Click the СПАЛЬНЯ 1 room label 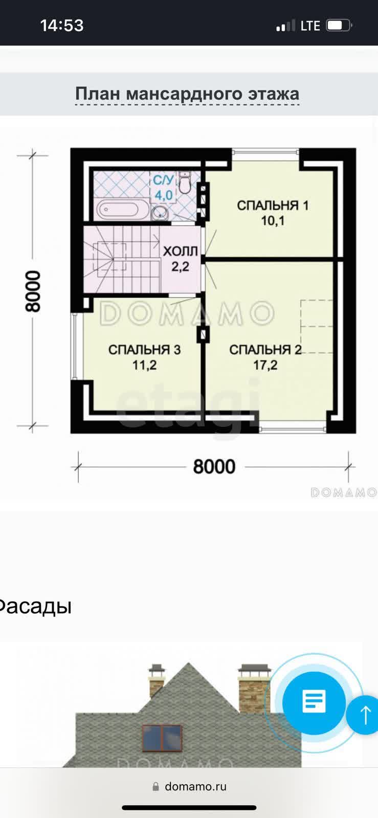coord(273,205)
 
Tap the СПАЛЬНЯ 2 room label coord(265,350)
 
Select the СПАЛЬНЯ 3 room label coord(145,350)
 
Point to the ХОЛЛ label coord(181,251)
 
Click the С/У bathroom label coord(163,180)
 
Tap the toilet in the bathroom coord(185,183)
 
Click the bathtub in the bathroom coord(118,210)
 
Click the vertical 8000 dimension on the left coord(33,291)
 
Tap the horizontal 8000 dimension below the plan coord(214,467)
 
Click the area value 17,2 coord(265,365)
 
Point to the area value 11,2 coord(145,365)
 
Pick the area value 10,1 coord(273,220)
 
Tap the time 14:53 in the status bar coord(62,26)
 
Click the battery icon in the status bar coord(339,26)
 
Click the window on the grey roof coord(162,738)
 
